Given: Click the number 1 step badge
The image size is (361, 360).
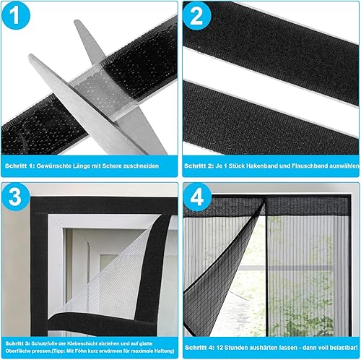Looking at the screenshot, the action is (15, 16).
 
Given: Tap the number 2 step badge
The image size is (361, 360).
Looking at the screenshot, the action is (196, 16).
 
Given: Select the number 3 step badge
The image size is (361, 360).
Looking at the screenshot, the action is (15, 197).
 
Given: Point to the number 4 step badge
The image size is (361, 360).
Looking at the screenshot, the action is (197, 197).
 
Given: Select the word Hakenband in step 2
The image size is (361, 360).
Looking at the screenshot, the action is (261, 166).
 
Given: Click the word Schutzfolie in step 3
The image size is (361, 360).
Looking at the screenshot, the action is (44, 343).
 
